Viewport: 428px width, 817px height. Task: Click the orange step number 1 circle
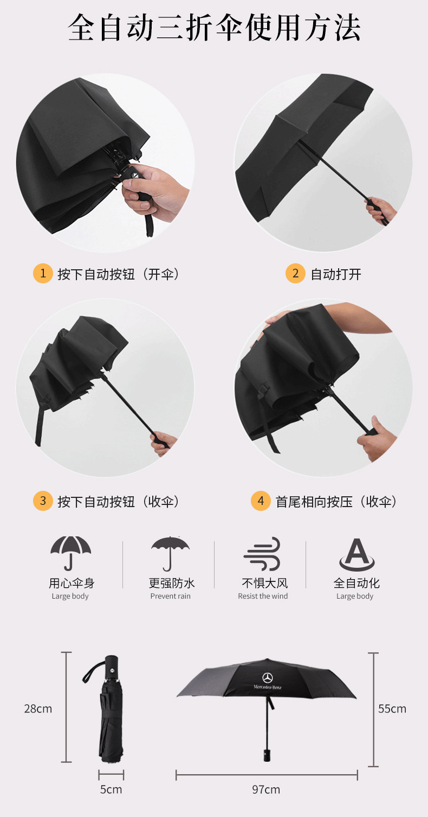click(43, 273)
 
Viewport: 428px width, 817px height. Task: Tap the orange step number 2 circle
click(295, 273)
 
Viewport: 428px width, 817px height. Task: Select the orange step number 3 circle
click(43, 501)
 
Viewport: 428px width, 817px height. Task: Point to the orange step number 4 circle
click(261, 501)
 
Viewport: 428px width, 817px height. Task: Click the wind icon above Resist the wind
click(262, 554)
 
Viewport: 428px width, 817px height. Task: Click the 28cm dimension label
click(38, 709)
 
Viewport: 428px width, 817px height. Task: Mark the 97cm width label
click(266, 789)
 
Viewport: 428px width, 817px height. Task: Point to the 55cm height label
click(392, 709)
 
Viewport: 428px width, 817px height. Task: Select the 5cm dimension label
click(111, 789)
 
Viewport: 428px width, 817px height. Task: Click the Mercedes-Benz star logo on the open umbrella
click(268, 678)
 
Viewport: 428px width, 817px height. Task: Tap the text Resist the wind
click(263, 596)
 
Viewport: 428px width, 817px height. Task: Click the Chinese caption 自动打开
click(335, 274)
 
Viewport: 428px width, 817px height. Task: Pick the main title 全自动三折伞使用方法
click(214, 28)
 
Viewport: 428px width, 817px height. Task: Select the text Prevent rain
click(171, 596)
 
